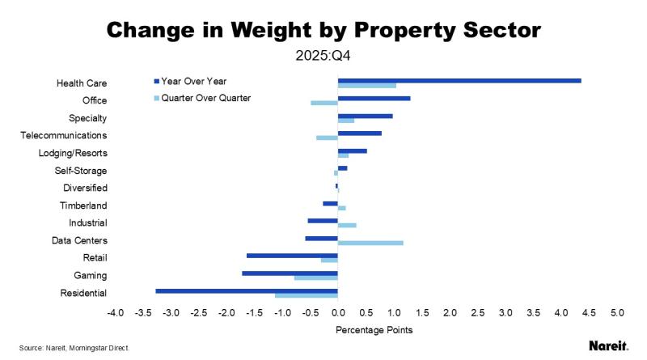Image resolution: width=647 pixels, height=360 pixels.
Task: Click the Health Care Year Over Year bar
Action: [459, 80]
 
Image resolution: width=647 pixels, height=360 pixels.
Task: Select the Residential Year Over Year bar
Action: [247, 290]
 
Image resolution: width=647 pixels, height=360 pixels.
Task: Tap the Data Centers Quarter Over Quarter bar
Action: [370, 243]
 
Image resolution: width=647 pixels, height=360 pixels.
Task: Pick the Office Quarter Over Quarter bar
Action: [324, 103]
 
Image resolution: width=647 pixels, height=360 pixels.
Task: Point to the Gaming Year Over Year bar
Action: [290, 273]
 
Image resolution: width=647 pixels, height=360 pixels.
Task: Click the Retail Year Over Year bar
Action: [292, 256]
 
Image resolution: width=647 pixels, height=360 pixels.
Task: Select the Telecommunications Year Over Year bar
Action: [360, 133]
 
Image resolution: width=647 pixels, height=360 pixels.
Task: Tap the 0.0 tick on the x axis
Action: [338, 311]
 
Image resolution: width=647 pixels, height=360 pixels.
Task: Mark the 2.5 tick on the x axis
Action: [478, 311]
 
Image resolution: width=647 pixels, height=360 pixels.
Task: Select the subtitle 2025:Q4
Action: [323, 57]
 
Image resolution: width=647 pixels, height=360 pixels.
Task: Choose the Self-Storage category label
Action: [83, 171]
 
